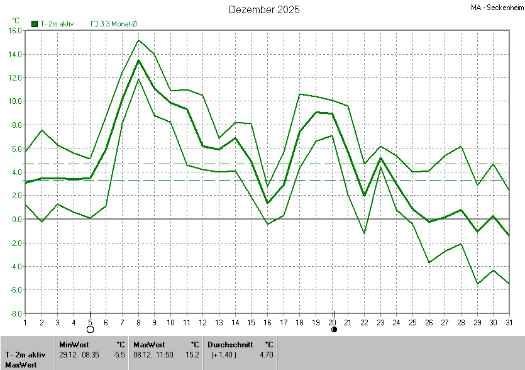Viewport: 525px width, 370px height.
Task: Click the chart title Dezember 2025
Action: tap(264, 9)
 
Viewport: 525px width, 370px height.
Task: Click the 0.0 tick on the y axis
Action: tap(16, 219)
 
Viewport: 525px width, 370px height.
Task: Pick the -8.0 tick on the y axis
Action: tap(15, 313)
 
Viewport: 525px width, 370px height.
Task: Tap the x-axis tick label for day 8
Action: tap(138, 322)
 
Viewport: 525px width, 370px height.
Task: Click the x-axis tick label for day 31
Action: tap(509, 322)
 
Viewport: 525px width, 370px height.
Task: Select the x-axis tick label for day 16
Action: tap(267, 322)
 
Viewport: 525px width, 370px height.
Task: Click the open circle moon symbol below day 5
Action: tap(90, 329)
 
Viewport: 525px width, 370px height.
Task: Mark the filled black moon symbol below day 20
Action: tap(334, 329)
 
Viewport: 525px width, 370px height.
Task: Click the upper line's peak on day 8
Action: tap(138, 40)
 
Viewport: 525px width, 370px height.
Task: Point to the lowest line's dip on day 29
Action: tap(477, 284)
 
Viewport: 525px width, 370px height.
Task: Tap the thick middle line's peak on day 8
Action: tap(138, 60)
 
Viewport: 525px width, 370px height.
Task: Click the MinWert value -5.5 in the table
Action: tap(119, 355)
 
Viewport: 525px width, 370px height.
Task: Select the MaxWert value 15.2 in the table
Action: tap(194, 355)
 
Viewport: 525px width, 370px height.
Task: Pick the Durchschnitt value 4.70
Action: tap(267, 355)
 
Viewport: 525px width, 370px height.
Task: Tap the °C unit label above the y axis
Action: tap(16, 20)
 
